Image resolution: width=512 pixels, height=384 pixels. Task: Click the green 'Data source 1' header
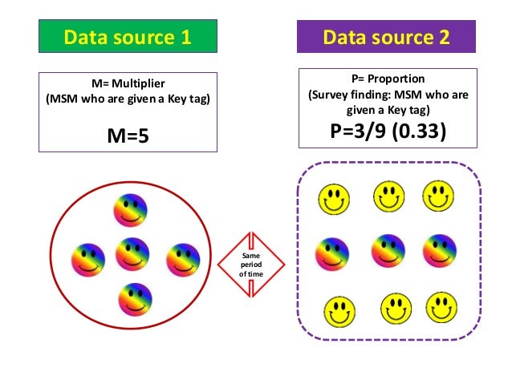coord(128,37)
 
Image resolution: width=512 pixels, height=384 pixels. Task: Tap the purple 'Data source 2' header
coord(386,37)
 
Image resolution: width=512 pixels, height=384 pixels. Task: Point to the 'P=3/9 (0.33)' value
coord(386,131)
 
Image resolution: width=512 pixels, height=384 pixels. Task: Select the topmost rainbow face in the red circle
coord(130,211)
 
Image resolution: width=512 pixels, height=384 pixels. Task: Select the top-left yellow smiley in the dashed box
coord(334,197)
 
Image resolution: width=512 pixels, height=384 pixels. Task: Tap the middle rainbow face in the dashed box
coord(388,251)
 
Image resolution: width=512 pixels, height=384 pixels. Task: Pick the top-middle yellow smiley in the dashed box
coord(388,194)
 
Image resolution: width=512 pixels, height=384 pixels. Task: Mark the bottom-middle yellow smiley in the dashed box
coord(396,307)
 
